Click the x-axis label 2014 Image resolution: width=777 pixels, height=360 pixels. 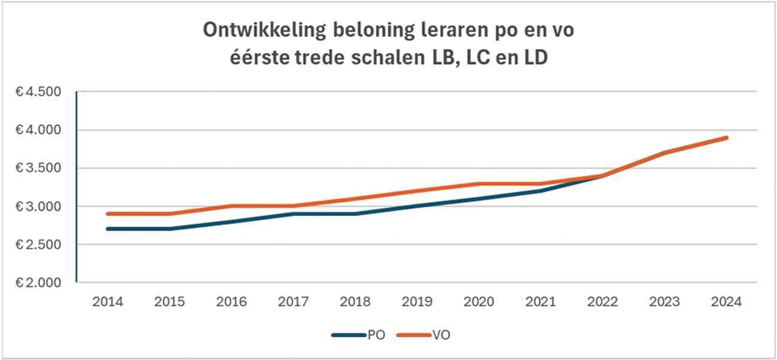(108, 302)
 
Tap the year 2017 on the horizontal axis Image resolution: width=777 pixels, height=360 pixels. (294, 302)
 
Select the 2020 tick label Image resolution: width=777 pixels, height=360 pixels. (479, 302)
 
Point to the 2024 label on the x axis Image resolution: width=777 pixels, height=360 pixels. (727, 302)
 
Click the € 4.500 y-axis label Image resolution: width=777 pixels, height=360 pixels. (39, 92)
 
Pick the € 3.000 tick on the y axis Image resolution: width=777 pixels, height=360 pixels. (39, 206)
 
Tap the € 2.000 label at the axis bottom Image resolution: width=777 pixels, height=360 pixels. (39, 282)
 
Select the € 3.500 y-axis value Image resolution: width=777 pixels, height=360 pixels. (39, 168)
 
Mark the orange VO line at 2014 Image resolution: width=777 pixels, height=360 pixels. (108, 213)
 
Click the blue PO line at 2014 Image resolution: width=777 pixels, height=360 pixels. (108, 228)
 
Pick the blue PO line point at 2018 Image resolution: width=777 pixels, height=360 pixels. (355, 213)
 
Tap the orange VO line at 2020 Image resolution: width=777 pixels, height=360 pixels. (479, 184)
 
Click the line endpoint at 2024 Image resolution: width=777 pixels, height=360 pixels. (727, 138)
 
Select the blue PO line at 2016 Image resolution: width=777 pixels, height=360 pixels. (231, 221)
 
